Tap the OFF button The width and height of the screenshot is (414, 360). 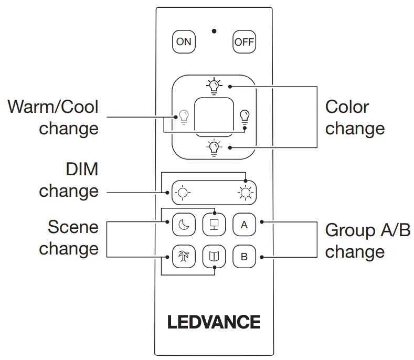[x=244, y=42]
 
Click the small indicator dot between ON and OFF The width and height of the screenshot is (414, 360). [x=214, y=31]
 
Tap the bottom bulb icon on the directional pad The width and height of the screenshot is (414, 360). [x=214, y=147]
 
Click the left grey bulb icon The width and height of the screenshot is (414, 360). [x=183, y=115]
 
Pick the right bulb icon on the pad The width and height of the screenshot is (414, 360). [x=244, y=115]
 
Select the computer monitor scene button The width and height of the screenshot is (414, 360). [x=214, y=225]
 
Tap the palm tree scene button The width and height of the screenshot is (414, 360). [x=183, y=257]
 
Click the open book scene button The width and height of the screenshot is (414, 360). [x=214, y=257]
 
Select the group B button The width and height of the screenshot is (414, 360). [x=244, y=257]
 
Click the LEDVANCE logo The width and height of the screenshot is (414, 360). [x=214, y=322]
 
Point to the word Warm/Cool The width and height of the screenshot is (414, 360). [x=53, y=107]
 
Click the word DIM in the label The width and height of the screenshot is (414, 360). [x=82, y=169]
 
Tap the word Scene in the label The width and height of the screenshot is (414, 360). [x=73, y=227]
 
